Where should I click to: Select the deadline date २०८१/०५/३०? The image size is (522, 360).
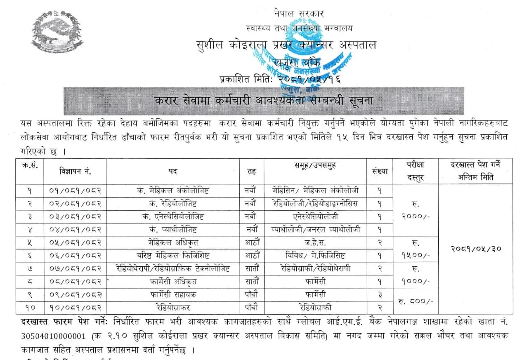click(475, 249)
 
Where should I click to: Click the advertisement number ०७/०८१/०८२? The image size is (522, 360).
click(76, 269)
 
